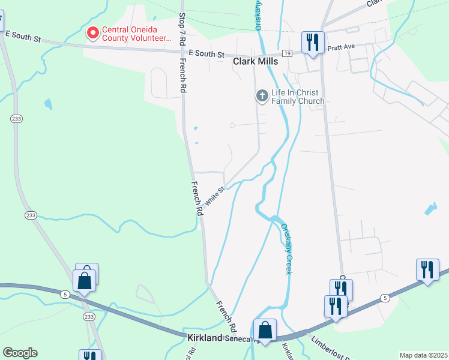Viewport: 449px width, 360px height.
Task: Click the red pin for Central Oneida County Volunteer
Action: coord(93,32)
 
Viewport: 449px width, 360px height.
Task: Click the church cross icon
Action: coord(262,95)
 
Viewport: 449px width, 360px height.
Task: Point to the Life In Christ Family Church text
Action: coord(298,97)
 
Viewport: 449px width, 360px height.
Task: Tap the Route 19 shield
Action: coord(288,53)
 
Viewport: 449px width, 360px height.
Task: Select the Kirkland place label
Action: coord(205,338)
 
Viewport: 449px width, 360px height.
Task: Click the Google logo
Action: coord(20,353)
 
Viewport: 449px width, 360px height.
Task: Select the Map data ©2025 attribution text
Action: coord(423,355)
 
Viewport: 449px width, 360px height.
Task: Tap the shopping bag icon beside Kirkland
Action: coord(265,330)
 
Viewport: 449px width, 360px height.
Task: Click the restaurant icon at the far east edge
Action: coord(427,269)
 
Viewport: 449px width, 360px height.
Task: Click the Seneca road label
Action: coord(240,339)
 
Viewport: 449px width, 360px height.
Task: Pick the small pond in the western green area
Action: coord(47,104)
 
